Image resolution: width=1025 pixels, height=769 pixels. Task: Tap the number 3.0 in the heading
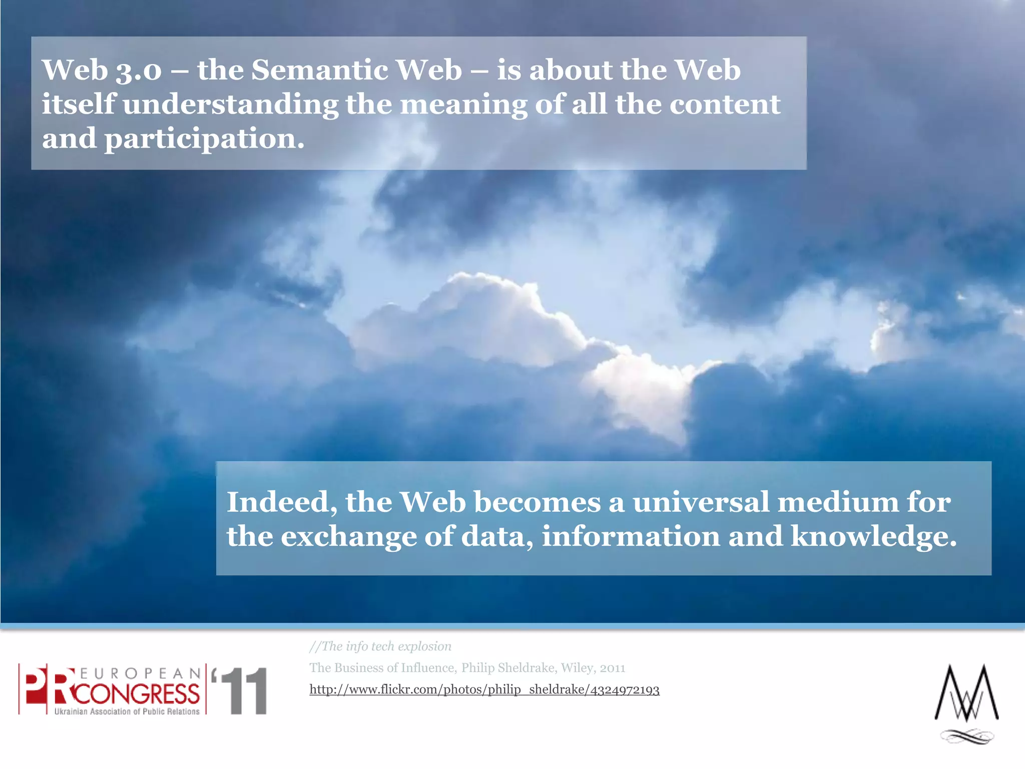pyautogui.click(x=139, y=71)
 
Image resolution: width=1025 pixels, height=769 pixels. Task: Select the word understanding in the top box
pyautogui.click(x=230, y=105)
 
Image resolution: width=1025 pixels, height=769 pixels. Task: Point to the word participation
pyautogui.click(x=204, y=139)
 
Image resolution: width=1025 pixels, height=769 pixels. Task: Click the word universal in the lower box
pyautogui.click(x=701, y=502)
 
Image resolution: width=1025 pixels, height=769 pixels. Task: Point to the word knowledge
pyautogui.click(x=873, y=537)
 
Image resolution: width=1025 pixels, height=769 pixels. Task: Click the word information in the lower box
pyautogui.click(x=631, y=537)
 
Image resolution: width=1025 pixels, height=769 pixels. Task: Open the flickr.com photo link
pyautogui.click(x=484, y=690)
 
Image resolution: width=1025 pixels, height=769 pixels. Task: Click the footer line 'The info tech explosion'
pyautogui.click(x=380, y=646)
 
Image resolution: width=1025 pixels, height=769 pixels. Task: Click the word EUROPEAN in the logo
pyautogui.click(x=140, y=673)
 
